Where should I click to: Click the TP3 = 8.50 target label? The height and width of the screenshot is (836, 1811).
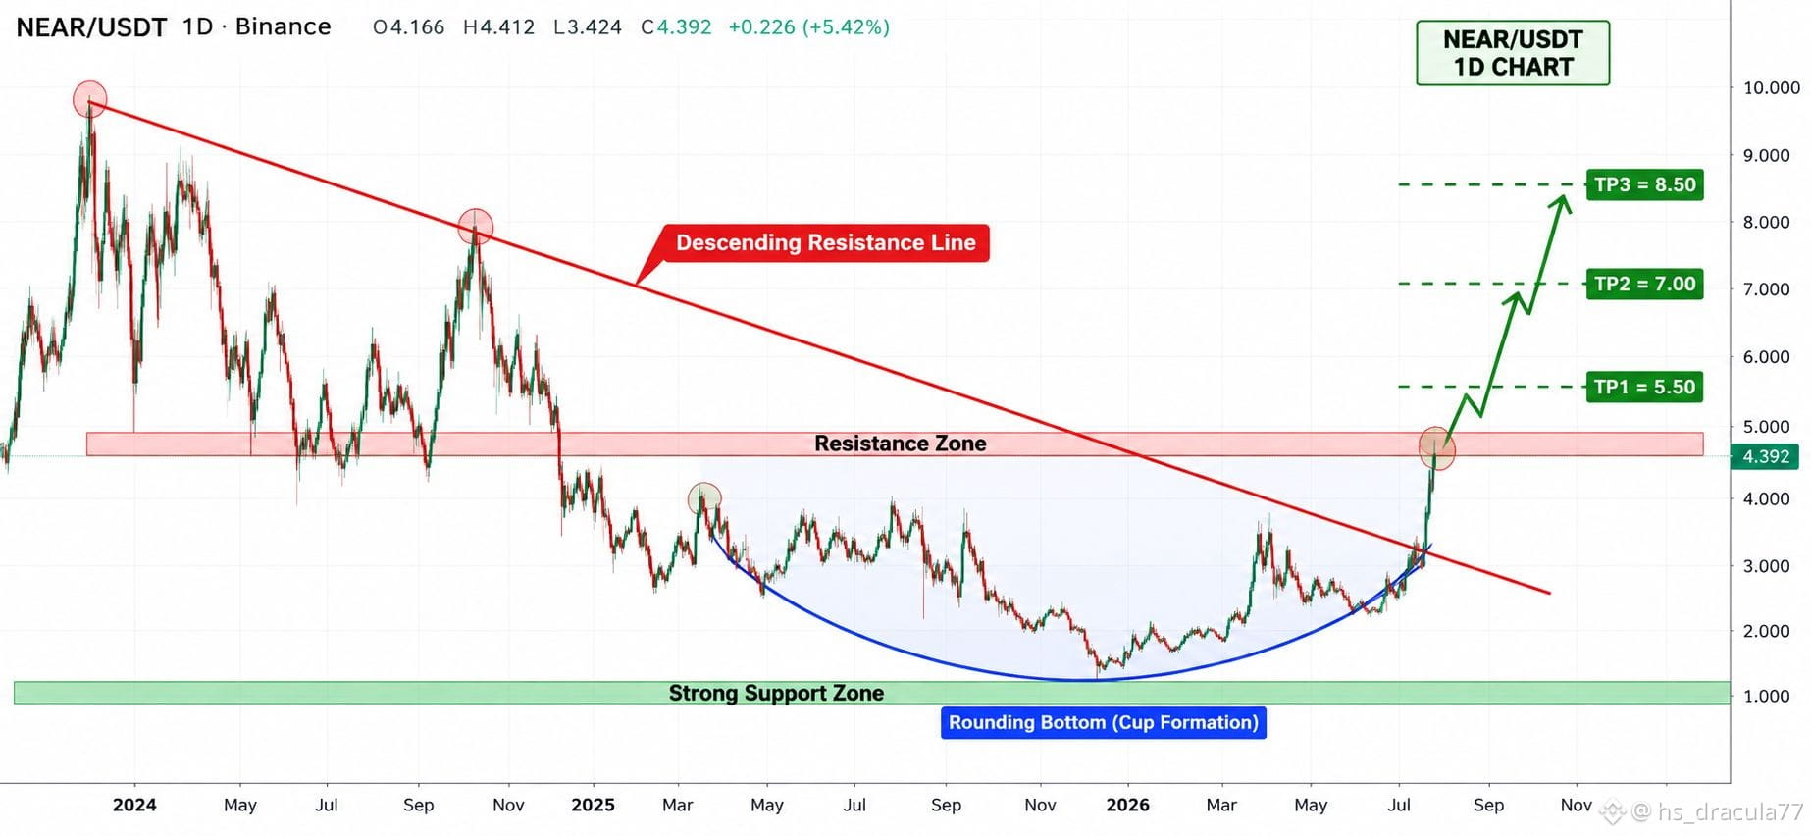(1644, 184)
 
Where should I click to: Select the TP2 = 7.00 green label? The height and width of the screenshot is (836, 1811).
(1644, 284)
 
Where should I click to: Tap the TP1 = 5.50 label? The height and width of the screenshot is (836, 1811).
(1644, 387)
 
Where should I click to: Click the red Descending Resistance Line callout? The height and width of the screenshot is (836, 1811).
(825, 242)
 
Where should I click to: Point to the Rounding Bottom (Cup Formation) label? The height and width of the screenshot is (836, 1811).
(1103, 722)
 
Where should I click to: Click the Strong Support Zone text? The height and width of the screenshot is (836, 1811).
(776, 693)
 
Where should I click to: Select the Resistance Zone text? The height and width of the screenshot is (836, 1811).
(901, 444)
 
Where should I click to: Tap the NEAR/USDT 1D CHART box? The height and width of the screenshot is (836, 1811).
(1513, 53)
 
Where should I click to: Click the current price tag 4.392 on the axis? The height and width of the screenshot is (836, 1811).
(1766, 456)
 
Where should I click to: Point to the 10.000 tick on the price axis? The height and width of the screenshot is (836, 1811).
(1772, 87)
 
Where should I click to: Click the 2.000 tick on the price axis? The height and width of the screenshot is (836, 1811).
(1767, 631)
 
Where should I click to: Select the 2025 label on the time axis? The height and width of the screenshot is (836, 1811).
(593, 805)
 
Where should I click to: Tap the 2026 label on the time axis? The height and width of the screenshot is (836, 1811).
(1127, 805)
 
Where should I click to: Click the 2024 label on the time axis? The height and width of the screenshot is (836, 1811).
(134, 805)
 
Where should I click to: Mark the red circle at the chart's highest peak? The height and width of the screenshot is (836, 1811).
(89, 99)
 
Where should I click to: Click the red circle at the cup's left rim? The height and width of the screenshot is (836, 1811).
(704, 498)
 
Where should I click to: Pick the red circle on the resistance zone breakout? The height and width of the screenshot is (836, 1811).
(1437, 447)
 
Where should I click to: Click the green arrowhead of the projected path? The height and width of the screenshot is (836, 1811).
(1561, 203)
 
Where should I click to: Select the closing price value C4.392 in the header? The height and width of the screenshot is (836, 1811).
(676, 27)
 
